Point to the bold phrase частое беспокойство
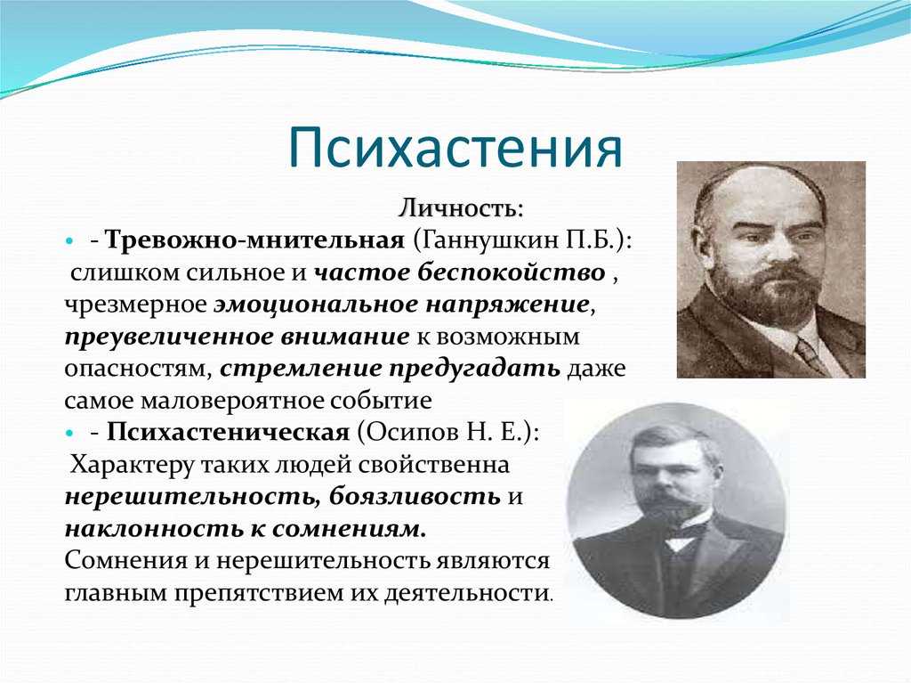pyautogui.click(x=460, y=272)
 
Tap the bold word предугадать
pyautogui.click(x=475, y=369)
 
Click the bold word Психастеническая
pyautogui.click(x=229, y=432)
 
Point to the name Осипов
pyautogui.click(x=414, y=432)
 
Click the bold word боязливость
pyautogui.click(x=415, y=496)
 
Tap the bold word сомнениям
pyautogui.click(x=349, y=528)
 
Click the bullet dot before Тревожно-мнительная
pyautogui.click(x=69, y=240)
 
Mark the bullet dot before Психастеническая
pyautogui.click(x=69, y=433)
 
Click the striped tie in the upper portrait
pyautogui.click(x=810, y=354)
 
